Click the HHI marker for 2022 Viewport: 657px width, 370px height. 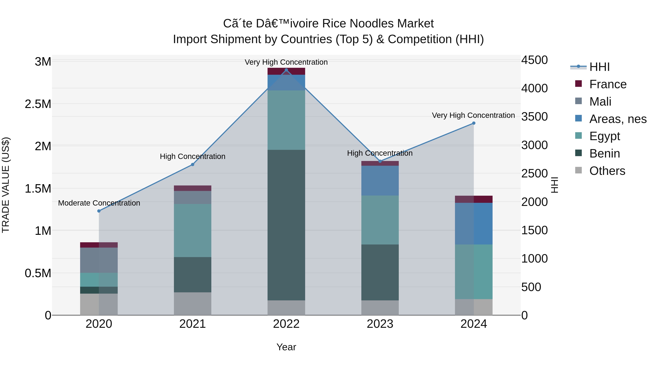pyautogui.click(x=286, y=70)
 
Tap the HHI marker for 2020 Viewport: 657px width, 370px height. pyautogui.click(x=99, y=211)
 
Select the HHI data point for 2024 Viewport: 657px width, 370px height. pyautogui.click(x=474, y=123)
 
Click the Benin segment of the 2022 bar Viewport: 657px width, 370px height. pyautogui.click(x=286, y=225)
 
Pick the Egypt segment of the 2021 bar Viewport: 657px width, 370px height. pyautogui.click(x=193, y=230)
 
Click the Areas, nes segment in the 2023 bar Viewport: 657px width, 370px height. pyautogui.click(x=380, y=181)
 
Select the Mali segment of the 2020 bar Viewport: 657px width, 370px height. pyautogui.click(x=99, y=260)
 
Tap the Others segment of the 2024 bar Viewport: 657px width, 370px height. pyautogui.click(x=474, y=307)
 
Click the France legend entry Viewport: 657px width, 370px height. pyautogui.click(x=608, y=84)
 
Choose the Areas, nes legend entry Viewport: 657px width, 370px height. pyautogui.click(x=618, y=119)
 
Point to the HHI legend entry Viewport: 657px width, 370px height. pyautogui.click(x=599, y=67)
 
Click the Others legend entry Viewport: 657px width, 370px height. pyautogui.click(x=607, y=171)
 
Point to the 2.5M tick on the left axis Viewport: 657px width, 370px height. pyautogui.click(x=38, y=104)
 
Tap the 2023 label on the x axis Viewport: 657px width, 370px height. pyautogui.click(x=380, y=324)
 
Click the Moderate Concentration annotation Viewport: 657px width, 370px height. pyautogui.click(x=99, y=203)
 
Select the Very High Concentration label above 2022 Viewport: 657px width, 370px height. pyautogui.click(x=286, y=62)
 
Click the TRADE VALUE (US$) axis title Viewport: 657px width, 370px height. pyautogui.click(x=6, y=185)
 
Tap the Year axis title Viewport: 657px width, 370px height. pyautogui.click(x=286, y=347)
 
